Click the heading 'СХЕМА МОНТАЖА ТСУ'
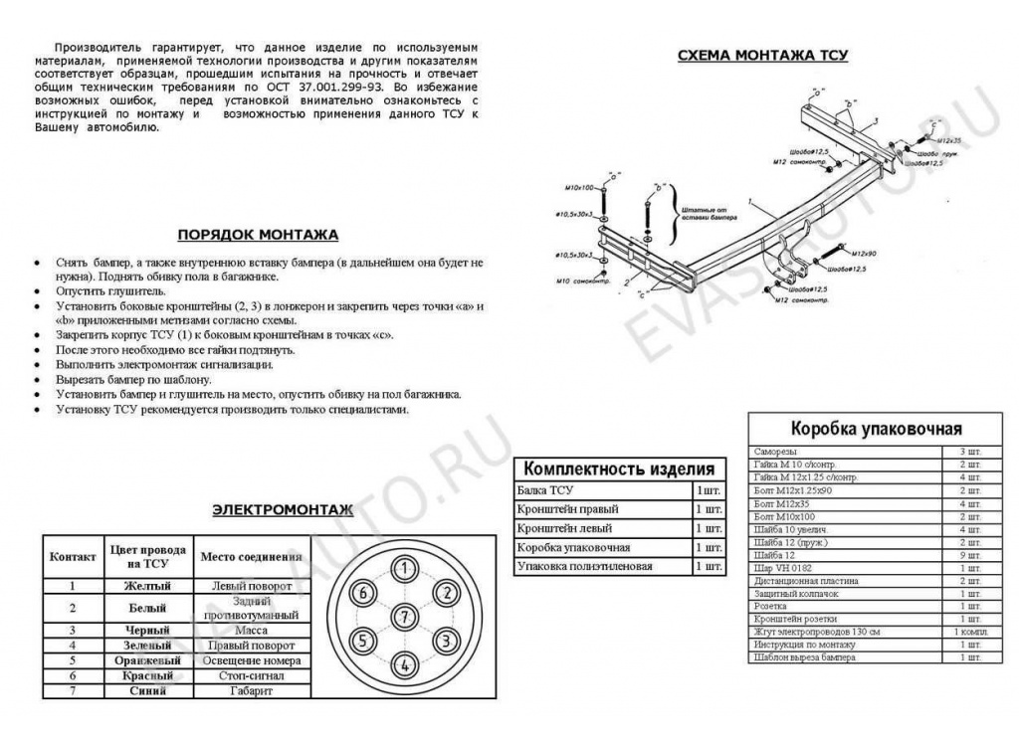coord(762,56)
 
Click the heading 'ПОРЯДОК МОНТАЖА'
coord(258,236)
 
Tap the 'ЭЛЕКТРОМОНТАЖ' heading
coord(283,510)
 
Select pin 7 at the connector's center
coord(404,617)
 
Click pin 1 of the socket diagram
coord(404,569)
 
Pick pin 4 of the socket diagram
coord(404,664)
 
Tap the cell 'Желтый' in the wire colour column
coord(147,586)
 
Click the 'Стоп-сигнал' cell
coord(254,675)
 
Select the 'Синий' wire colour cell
coord(147,690)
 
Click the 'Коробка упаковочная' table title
coord(876,429)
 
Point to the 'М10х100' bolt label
coord(577,187)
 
